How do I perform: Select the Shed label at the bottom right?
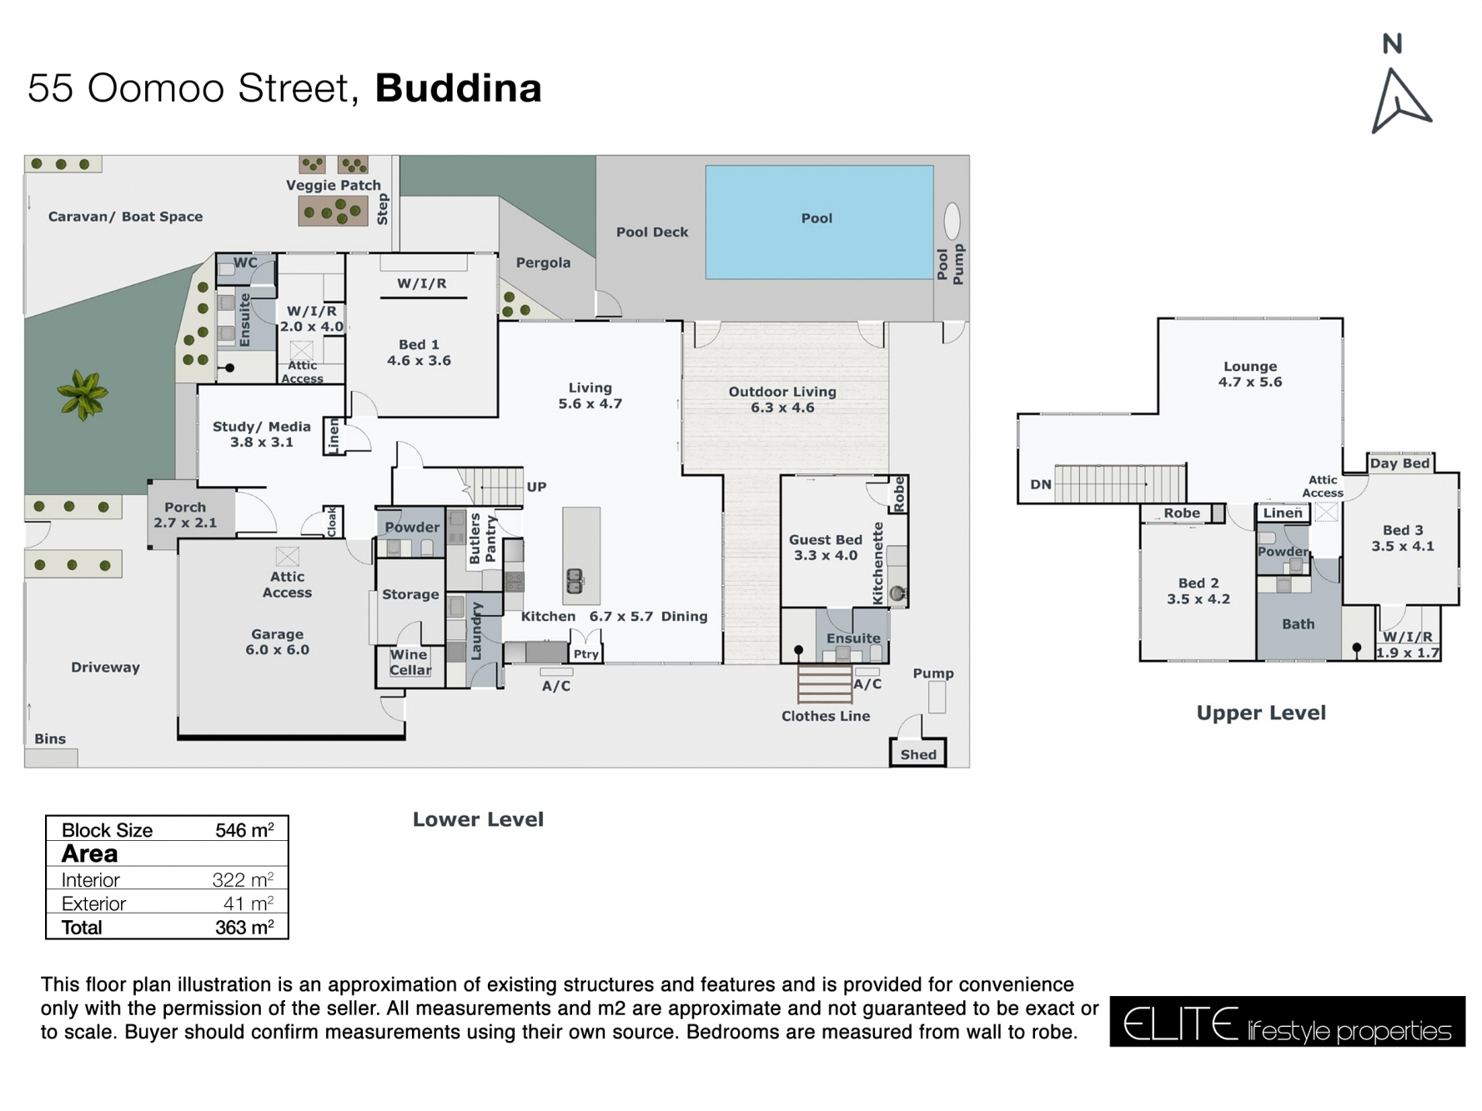[917, 754]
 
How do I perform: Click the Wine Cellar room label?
[409, 662]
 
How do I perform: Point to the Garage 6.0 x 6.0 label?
[277, 642]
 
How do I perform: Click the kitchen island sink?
[575, 580]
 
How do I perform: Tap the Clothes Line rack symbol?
[823, 684]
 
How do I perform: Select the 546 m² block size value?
[244, 830]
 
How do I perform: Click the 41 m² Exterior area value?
[248, 903]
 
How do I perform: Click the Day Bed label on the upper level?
[1399, 463]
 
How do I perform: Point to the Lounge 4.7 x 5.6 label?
[1249, 374]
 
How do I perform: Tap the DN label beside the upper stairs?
[1040, 484]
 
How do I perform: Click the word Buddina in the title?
[458, 88]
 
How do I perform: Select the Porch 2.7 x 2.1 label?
[185, 514]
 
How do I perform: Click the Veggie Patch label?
[333, 185]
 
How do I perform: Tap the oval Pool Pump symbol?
[952, 221]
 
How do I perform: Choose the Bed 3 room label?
[1402, 538]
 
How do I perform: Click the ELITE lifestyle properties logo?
[1286, 1022]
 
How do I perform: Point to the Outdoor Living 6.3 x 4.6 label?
[781, 399]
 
